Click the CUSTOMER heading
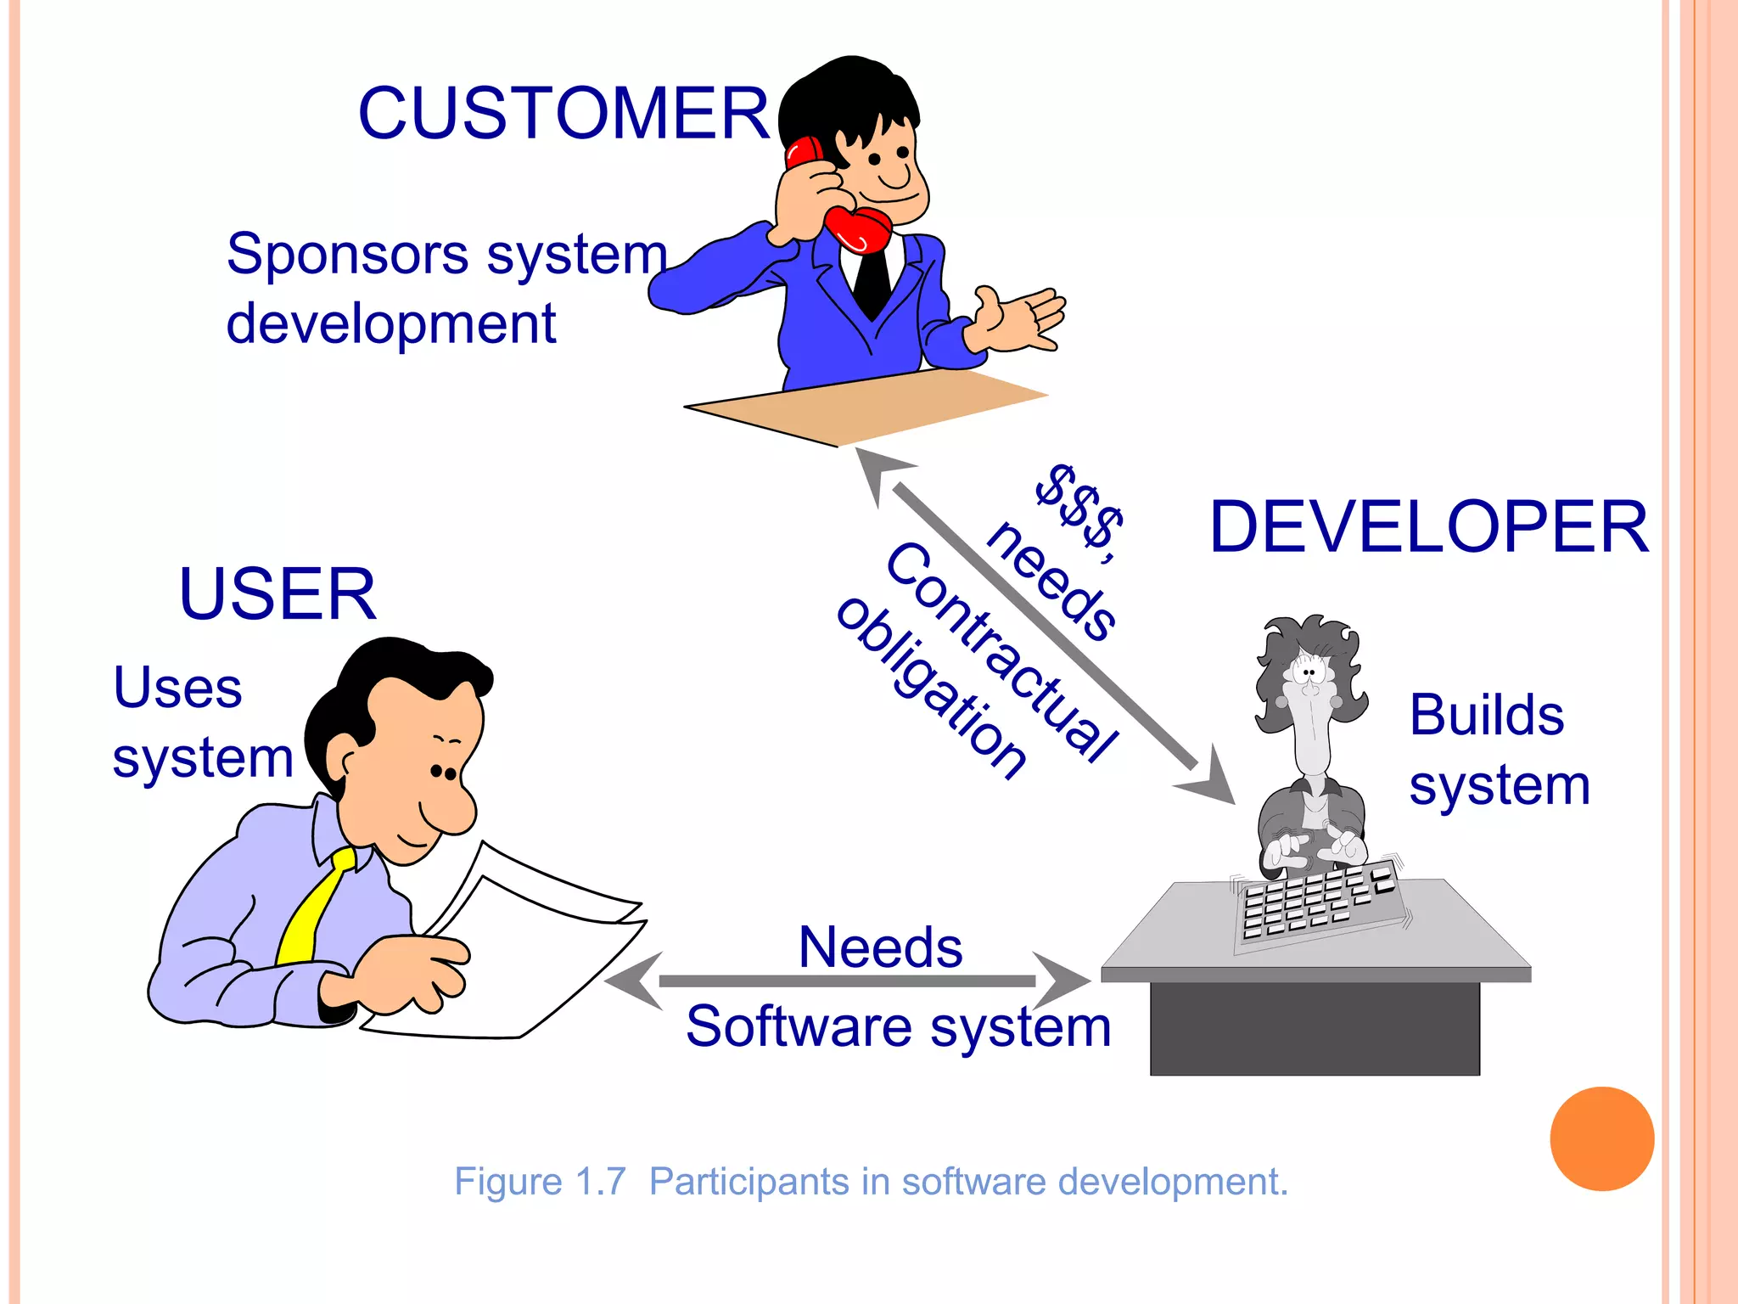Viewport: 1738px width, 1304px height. pyautogui.click(x=563, y=114)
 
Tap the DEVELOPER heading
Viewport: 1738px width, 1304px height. pyautogui.click(x=1429, y=527)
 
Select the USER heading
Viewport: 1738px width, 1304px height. pyautogui.click(x=278, y=594)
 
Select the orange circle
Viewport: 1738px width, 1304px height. pyautogui.click(x=1601, y=1138)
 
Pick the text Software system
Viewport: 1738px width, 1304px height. pyautogui.click(x=898, y=1026)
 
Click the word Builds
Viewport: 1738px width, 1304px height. pyautogui.click(x=1486, y=715)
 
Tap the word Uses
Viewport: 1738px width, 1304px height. pyautogui.click(x=177, y=687)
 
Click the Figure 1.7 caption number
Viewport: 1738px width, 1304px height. pyautogui.click(x=600, y=1182)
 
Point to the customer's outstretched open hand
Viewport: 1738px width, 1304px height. pyautogui.click(x=1018, y=319)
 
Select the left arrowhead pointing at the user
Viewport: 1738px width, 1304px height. pyautogui.click(x=632, y=981)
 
